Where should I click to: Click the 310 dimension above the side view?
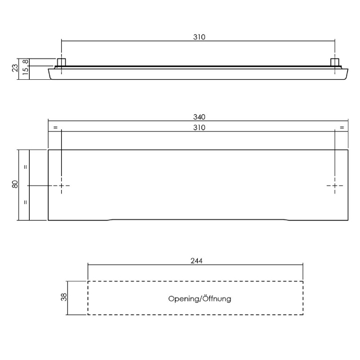point(199,37)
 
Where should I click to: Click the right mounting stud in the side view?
point(335,63)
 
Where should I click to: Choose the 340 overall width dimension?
point(199,117)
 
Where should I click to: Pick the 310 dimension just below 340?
point(199,127)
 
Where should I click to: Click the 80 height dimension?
point(15,185)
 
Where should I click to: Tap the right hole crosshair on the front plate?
point(335,185)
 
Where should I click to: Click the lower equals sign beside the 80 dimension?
point(25,203)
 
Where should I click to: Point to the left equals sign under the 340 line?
point(54,128)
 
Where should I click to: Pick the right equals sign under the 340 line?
point(342,128)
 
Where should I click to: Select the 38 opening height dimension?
point(64,298)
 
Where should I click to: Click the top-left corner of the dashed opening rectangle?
point(88,281)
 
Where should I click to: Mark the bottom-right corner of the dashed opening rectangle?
point(303,315)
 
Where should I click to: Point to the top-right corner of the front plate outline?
point(349,150)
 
